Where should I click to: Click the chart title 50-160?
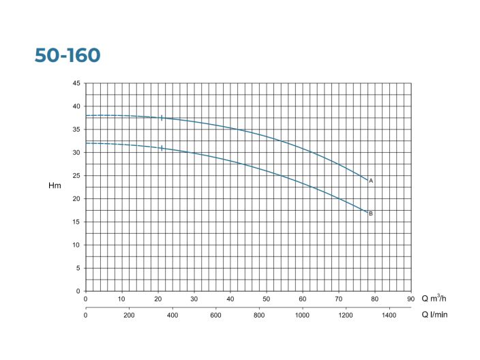(x=67, y=55)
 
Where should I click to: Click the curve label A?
(x=371, y=181)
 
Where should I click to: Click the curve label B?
(x=371, y=213)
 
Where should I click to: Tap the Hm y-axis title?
(x=55, y=186)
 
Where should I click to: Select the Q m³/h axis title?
(x=435, y=299)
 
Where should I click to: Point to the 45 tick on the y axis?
(x=76, y=83)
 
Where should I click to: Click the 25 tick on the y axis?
(x=76, y=176)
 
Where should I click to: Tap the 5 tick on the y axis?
(x=78, y=268)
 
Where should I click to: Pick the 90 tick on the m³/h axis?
(x=410, y=299)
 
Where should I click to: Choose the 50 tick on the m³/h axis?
(x=266, y=299)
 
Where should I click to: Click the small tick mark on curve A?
(x=162, y=118)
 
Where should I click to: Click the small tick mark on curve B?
(x=162, y=148)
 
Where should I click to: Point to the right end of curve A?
(x=367, y=180)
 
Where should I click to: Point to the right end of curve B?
(x=367, y=213)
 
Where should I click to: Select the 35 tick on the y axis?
(x=76, y=130)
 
